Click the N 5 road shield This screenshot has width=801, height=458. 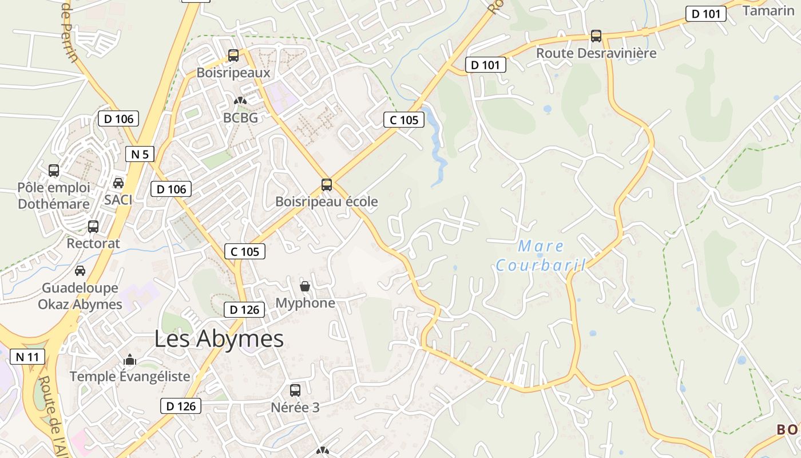[x=140, y=154]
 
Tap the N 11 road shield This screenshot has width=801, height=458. [x=27, y=357]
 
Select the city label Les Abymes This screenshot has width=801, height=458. [x=219, y=339]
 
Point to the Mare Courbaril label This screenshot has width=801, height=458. [x=541, y=256]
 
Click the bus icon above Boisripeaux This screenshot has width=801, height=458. [x=233, y=56]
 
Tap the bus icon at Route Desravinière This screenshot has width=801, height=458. [x=596, y=36]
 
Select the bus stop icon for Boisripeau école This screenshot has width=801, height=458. [x=327, y=185]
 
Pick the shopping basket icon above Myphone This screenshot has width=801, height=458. [x=306, y=286]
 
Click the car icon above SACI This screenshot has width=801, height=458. [x=118, y=183]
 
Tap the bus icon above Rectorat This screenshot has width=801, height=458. [x=93, y=227]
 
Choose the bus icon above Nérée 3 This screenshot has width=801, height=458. [x=295, y=390]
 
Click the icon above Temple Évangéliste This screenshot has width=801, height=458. [x=130, y=360]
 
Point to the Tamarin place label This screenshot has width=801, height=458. [x=768, y=11]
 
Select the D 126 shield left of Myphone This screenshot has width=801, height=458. [x=244, y=310]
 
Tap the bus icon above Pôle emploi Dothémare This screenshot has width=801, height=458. [x=54, y=171]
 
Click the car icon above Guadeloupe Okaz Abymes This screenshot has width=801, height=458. [x=80, y=271]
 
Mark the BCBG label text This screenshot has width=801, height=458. [x=240, y=119]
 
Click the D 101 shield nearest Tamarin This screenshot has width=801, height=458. [x=705, y=14]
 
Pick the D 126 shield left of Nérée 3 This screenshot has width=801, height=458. [x=181, y=406]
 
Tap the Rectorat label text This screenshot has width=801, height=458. [x=93, y=243]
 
